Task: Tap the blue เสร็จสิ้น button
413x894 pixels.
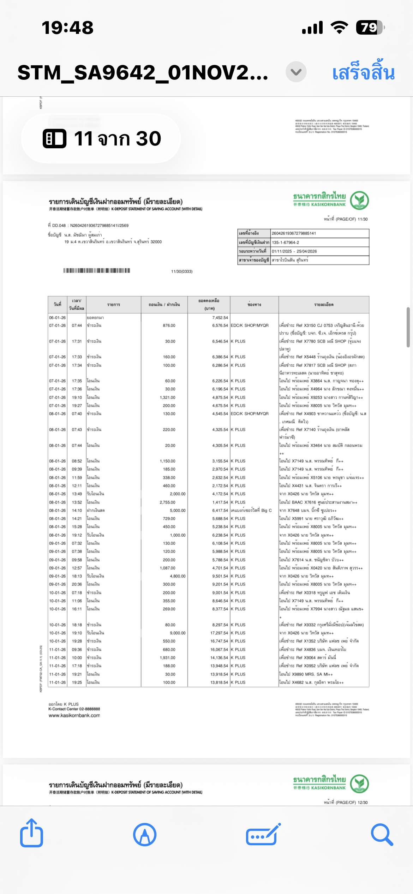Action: (363, 72)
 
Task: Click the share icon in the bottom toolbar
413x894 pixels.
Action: (32, 834)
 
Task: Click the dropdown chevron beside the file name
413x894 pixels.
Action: (296, 72)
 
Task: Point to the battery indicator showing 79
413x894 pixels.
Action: (370, 28)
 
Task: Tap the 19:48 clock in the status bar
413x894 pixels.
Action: (67, 28)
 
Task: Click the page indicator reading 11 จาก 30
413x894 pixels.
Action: (102, 138)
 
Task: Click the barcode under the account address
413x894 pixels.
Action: (97, 270)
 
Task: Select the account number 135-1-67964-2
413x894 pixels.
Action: (285, 243)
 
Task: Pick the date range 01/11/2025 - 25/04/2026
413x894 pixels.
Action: (294, 251)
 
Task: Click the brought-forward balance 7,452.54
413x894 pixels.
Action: (220, 318)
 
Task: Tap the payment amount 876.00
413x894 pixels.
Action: (169, 326)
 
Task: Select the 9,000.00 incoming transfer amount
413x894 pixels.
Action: (178, 633)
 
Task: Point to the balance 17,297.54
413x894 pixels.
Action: (219, 633)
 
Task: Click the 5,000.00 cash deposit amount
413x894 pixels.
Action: (178, 511)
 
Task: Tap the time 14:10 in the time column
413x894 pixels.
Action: (77, 511)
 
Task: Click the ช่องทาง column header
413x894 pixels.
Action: (254, 305)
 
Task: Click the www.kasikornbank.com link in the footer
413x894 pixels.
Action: (74, 716)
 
